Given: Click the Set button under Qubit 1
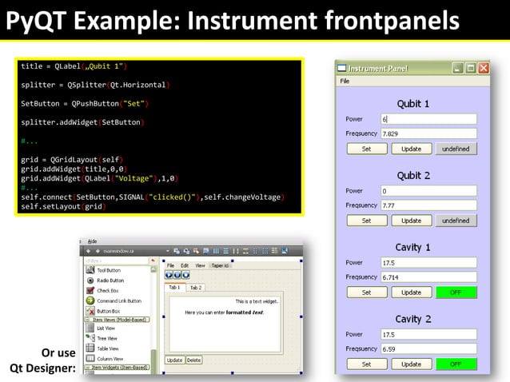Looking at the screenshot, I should pyautogui.click(x=366, y=149).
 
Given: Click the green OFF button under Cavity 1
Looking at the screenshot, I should pyautogui.click(x=456, y=292).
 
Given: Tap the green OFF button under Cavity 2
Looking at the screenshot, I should pyautogui.click(x=456, y=364).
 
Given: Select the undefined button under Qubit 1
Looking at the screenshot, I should pyautogui.click(x=456, y=149).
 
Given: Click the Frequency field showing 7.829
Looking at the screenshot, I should pyautogui.click(x=428, y=133).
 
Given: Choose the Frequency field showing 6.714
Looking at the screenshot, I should pyautogui.click(x=428, y=277).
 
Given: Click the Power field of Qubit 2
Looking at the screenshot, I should pyautogui.click(x=428, y=191).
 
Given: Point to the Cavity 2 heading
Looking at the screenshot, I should pyautogui.click(x=413, y=319).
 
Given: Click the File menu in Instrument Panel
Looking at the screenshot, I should pyautogui.click(x=345, y=82).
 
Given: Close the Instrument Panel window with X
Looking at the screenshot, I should pyautogui.click(x=484, y=69).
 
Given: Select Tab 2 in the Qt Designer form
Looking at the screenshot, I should pyautogui.click(x=196, y=288).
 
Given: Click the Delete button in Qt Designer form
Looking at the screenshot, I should pyautogui.click(x=193, y=360).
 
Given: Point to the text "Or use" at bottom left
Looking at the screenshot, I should pyautogui.click(x=58, y=352).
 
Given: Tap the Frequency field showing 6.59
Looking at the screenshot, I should pyautogui.click(x=428, y=349).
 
